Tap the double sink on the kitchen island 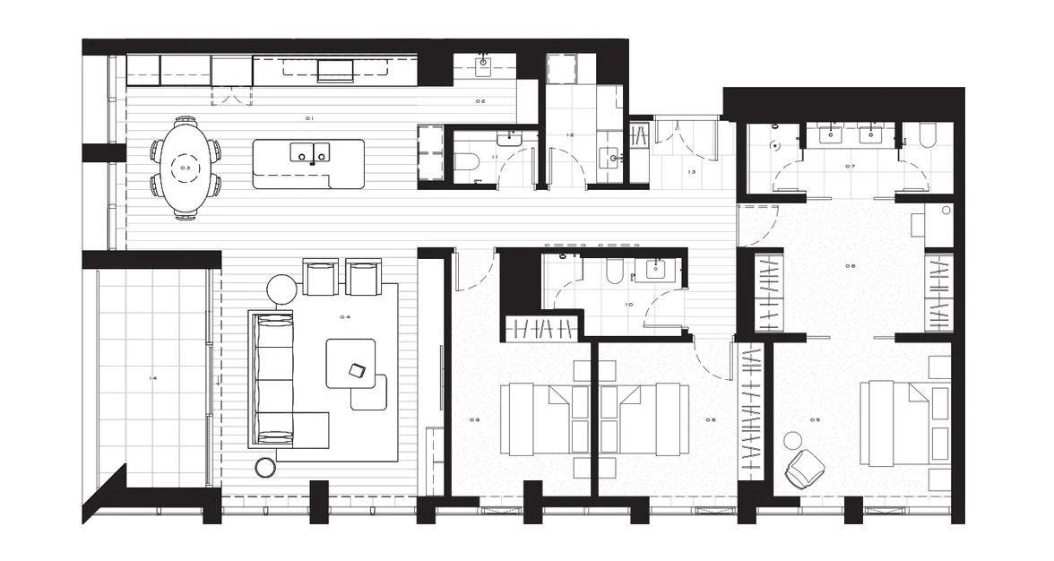[x=308, y=153]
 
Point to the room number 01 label [x=309, y=118]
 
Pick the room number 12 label [x=569, y=135]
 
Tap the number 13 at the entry [x=691, y=172]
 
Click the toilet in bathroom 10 [x=615, y=272]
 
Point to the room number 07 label [x=849, y=167]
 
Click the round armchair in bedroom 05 [x=804, y=468]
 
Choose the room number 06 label [x=850, y=265]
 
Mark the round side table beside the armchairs [x=282, y=289]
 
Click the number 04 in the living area [x=345, y=317]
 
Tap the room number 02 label [x=480, y=101]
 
